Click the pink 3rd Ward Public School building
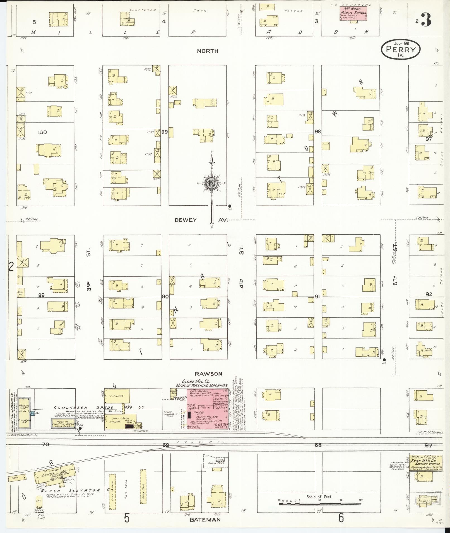[x=353, y=13]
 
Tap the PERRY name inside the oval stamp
[x=400, y=50]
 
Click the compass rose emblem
[x=211, y=183]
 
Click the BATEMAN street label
[x=205, y=519]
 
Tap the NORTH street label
[x=207, y=51]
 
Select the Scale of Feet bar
[x=319, y=504]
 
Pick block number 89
[x=41, y=295]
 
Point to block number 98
[x=317, y=132]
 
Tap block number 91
[x=317, y=297]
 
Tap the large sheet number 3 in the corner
[x=426, y=20]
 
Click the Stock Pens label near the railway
[x=214, y=463]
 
